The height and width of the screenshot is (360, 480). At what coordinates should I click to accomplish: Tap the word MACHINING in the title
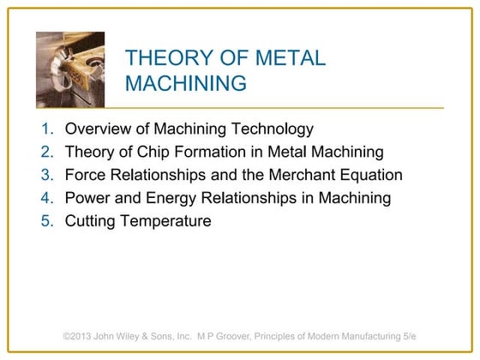click(x=186, y=83)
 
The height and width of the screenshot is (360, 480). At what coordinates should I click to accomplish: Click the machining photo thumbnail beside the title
click(x=70, y=69)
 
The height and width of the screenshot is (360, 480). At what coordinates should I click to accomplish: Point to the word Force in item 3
click(x=86, y=176)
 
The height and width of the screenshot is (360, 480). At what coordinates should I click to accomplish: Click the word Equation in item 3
click(x=368, y=176)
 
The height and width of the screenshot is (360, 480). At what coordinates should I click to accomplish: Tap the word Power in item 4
click(x=87, y=198)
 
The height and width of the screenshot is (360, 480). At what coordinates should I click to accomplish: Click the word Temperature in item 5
click(x=167, y=221)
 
